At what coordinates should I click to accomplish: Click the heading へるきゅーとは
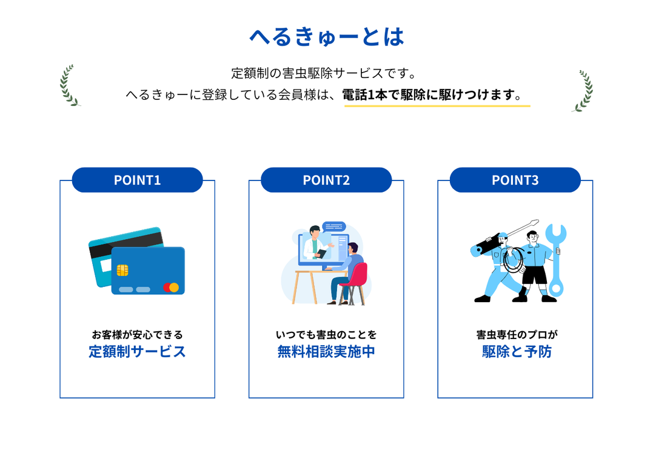326,36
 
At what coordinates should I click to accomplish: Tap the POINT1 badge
138,180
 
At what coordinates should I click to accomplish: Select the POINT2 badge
326,180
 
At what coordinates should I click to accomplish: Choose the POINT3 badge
515,180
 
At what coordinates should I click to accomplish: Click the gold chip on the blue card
122,271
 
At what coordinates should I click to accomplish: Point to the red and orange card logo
171,287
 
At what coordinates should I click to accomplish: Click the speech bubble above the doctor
334,226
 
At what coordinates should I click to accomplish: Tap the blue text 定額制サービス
137,351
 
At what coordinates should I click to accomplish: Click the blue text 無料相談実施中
326,351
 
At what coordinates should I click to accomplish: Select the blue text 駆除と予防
517,351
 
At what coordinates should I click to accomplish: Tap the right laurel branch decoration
584,91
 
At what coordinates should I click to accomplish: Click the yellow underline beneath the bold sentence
437,106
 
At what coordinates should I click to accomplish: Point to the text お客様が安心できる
138,334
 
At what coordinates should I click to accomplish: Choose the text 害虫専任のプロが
517,334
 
